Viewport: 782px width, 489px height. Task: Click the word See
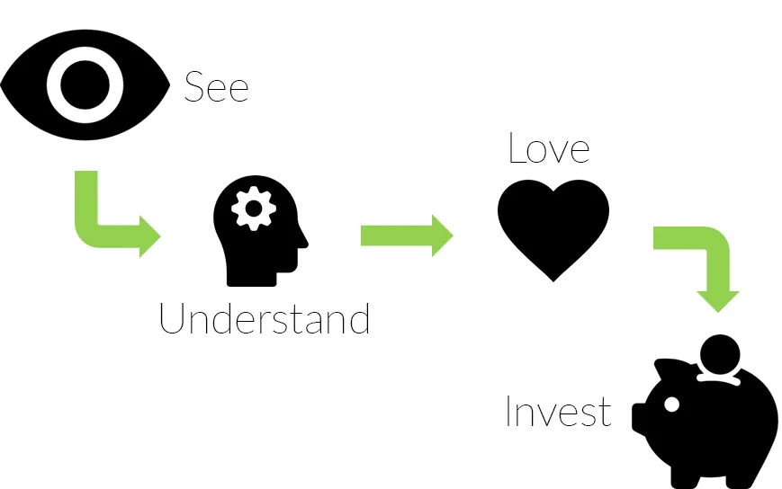[x=216, y=88]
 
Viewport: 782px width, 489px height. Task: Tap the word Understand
[x=265, y=319]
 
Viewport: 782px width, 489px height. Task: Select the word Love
[x=548, y=148]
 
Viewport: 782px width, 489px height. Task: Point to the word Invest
[x=558, y=412]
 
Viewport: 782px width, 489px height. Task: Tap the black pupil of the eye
[x=85, y=84]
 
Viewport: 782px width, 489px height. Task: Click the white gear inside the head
[x=253, y=209]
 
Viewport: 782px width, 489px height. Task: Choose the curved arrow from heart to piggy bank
[x=706, y=261]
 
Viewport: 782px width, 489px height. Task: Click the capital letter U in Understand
[x=172, y=319]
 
